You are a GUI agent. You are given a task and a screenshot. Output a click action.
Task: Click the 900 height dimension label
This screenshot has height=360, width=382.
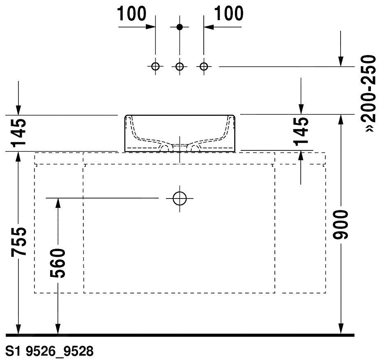coord(341,224)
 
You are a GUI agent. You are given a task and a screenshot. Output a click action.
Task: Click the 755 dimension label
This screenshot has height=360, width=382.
coord(18,242)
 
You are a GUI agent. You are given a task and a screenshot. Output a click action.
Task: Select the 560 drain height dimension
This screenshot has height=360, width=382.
coord(58,263)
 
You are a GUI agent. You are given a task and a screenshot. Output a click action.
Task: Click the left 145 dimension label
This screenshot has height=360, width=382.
coord(18,133)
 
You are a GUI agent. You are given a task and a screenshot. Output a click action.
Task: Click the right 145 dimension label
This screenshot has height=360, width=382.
coord(301,132)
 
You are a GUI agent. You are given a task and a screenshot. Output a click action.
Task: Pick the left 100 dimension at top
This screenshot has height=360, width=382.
coord(131,14)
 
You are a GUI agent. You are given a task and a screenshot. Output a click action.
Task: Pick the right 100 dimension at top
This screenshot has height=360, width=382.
coord(228,14)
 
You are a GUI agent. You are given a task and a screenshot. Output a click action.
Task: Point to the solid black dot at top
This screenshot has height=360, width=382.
coord(179,27)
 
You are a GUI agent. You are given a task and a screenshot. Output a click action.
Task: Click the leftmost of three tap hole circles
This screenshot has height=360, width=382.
coord(155,66)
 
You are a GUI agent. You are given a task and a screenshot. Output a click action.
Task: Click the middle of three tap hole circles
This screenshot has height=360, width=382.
coord(179,66)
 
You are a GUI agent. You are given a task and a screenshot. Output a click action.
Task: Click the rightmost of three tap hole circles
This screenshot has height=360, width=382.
coord(204,66)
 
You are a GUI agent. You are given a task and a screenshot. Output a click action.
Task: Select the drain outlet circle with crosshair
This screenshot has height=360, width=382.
coord(179,198)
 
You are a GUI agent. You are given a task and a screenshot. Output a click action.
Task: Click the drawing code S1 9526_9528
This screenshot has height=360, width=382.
coord(49,351)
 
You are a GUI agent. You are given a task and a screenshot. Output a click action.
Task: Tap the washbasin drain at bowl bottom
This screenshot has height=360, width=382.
coord(179,147)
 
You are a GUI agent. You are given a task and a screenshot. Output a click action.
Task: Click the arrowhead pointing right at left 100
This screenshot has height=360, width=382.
coord(151,27)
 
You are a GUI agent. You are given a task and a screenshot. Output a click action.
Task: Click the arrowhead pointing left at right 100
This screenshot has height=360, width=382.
coord(209,27)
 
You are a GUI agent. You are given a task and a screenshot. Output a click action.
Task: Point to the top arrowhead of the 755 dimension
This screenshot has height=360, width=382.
coord(18,157)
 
